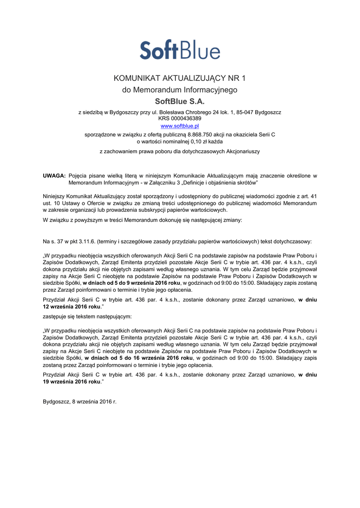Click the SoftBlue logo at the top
pos(180,50)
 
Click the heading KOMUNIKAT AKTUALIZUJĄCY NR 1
pos(180,79)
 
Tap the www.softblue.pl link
pos(180,126)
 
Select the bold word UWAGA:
pos(54,176)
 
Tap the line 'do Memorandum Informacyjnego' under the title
pos(180,90)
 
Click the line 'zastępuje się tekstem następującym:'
pos(87,317)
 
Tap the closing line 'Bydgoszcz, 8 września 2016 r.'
pos(79,401)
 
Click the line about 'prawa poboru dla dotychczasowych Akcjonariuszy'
pos(180,151)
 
